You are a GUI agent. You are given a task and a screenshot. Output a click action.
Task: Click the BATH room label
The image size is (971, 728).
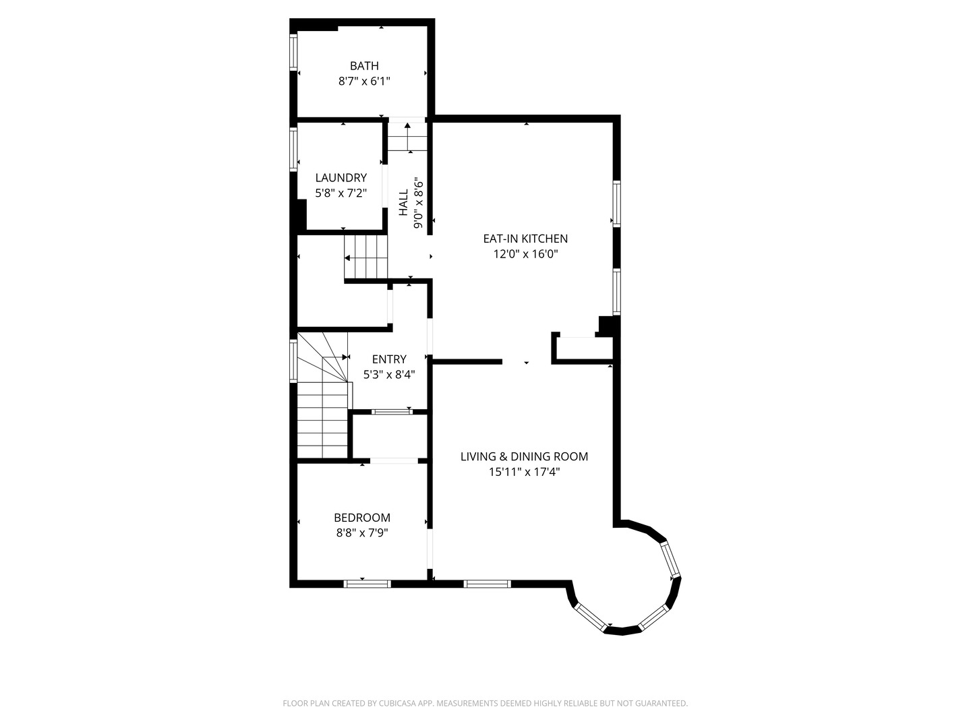(364, 66)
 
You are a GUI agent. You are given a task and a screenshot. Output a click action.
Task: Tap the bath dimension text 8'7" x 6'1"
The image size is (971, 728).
(364, 82)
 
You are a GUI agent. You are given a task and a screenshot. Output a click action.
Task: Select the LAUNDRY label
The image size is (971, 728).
(341, 178)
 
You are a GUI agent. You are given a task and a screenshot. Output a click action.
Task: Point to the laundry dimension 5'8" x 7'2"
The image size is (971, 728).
(341, 193)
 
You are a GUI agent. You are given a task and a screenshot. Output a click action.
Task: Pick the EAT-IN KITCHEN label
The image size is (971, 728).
(525, 239)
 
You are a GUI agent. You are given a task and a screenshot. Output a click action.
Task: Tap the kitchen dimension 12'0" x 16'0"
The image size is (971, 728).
(525, 254)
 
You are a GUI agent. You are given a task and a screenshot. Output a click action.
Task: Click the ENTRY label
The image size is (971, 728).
(389, 359)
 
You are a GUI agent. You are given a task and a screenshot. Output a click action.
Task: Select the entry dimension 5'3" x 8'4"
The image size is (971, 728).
(389, 375)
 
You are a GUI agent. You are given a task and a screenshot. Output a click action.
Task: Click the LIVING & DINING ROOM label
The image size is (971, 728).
(524, 456)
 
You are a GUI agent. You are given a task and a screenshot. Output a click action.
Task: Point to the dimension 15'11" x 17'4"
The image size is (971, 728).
(524, 472)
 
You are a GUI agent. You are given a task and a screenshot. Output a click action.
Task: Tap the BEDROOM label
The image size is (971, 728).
(362, 518)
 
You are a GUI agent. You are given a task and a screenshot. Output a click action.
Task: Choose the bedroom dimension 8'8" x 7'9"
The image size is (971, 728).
(362, 533)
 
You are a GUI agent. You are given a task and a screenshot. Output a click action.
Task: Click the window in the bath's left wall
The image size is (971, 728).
(293, 52)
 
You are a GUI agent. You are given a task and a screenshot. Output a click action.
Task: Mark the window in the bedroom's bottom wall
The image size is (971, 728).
(367, 584)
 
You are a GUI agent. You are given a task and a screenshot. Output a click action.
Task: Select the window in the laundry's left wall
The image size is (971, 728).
(293, 150)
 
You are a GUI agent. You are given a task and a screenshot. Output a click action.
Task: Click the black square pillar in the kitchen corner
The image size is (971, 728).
(606, 326)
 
